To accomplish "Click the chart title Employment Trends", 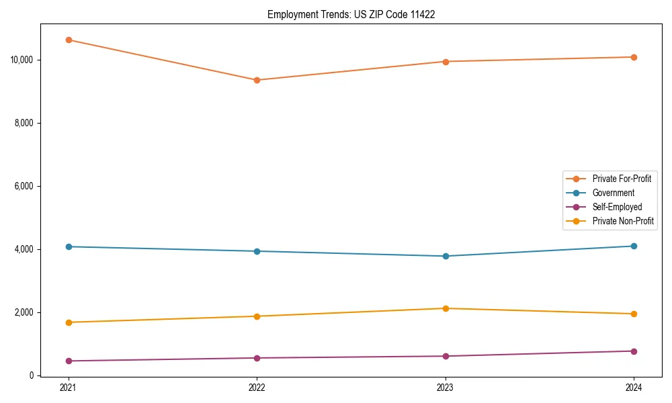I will click(351, 14).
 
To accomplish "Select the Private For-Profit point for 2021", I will click(69, 40).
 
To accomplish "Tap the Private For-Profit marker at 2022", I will click(257, 80).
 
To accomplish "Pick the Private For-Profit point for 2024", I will click(634, 57).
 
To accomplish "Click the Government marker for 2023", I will click(446, 256).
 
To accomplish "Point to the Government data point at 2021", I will click(69, 247).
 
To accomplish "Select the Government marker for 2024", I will click(634, 246).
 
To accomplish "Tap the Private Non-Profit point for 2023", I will click(446, 308).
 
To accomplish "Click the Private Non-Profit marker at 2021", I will click(69, 322).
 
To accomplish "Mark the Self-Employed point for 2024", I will click(634, 351).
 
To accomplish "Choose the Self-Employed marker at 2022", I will click(257, 358).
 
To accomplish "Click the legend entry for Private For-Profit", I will click(622, 179).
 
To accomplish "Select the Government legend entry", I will click(613, 193).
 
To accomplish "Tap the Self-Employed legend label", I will click(617, 207).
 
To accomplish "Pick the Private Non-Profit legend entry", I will click(623, 221).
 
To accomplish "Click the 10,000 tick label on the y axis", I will click(22, 60).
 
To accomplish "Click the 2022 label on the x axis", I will click(257, 388).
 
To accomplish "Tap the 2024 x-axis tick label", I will click(634, 388).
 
